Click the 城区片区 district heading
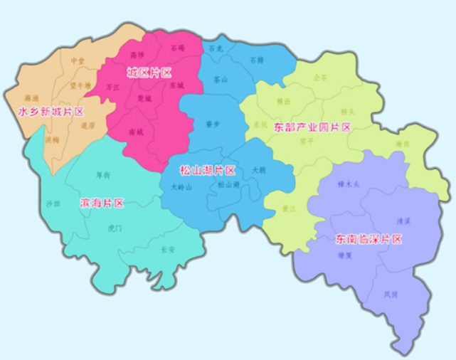click(149, 73)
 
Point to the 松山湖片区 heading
click(207, 171)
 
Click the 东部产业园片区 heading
click(312, 127)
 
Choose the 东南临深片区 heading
click(368, 239)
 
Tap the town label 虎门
click(115, 228)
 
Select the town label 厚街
click(102, 174)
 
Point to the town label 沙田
click(53, 203)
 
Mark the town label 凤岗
click(391, 293)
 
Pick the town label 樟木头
click(349, 184)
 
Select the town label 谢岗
click(403, 144)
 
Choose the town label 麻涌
click(32, 97)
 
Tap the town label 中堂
click(78, 62)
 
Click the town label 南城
click(136, 132)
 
